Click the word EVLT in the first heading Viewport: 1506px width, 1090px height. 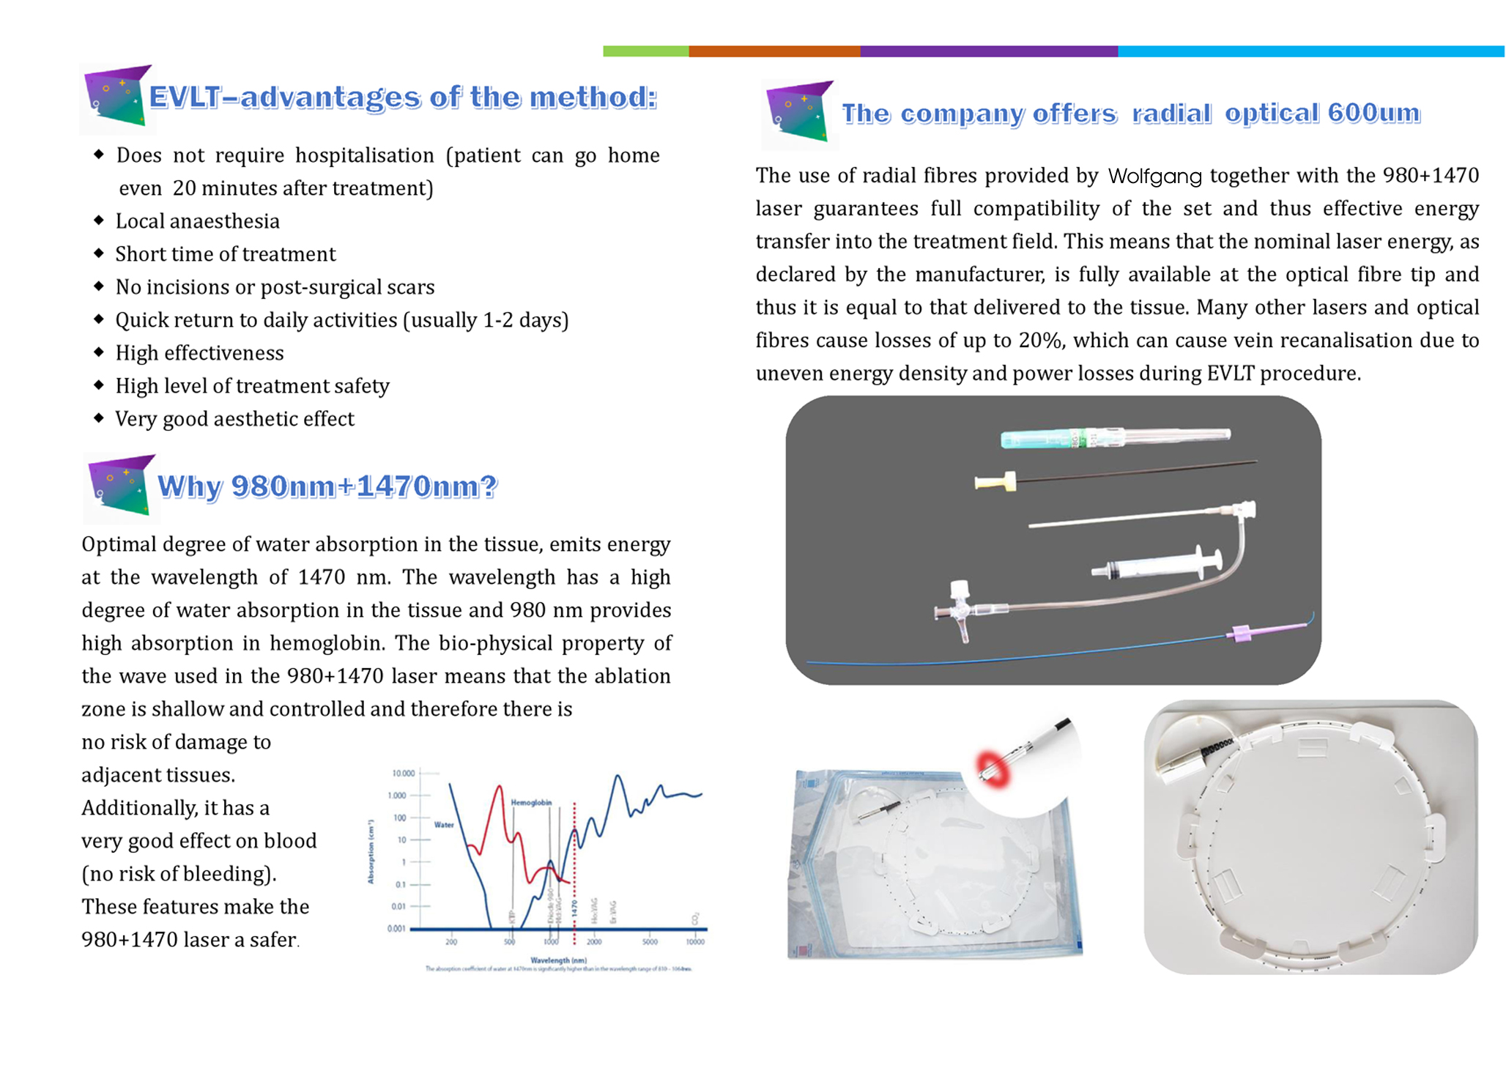click(x=183, y=97)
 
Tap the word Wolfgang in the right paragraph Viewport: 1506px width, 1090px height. click(x=1154, y=176)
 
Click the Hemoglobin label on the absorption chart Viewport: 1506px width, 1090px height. click(x=531, y=803)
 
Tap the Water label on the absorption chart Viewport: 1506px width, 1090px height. click(x=444, y=825)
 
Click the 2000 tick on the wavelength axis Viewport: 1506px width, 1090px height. click(x=594, y=942)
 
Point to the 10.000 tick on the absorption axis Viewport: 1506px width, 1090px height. click(x=404, y=774)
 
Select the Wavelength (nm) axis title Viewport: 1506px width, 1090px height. click(x=558, y=960)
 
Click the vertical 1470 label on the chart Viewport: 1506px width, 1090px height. click(x=575, y=909)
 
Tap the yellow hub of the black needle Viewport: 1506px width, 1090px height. click(x=996, y=482)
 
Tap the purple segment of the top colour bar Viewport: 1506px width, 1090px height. click(x=988, y=51)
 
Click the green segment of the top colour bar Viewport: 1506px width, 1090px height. click(x=645, y=51)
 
